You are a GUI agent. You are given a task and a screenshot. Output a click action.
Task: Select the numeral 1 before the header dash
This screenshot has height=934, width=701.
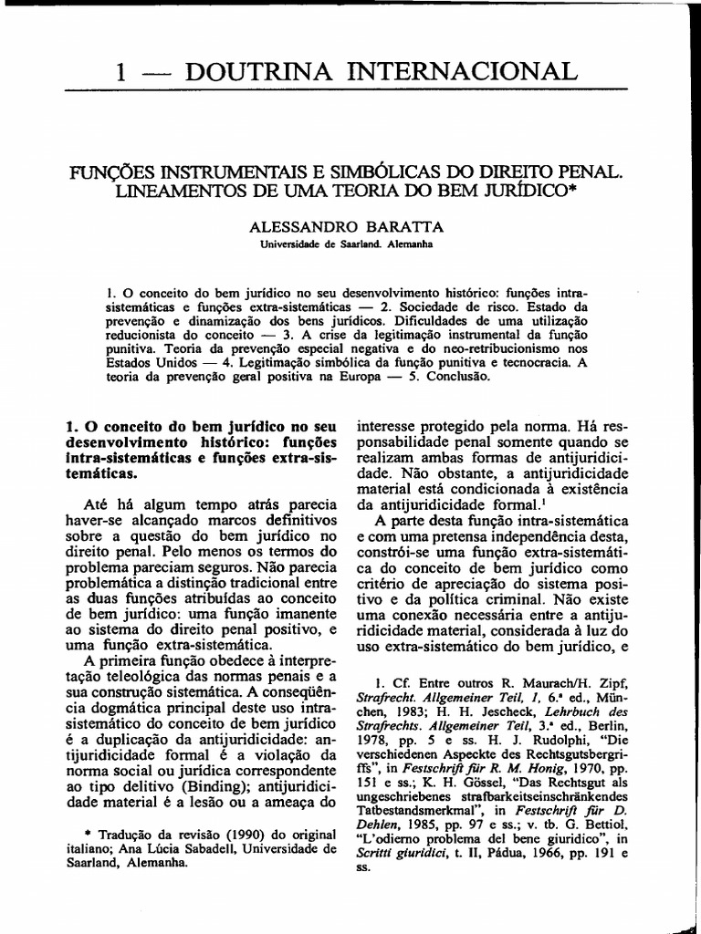pos(120,73)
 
